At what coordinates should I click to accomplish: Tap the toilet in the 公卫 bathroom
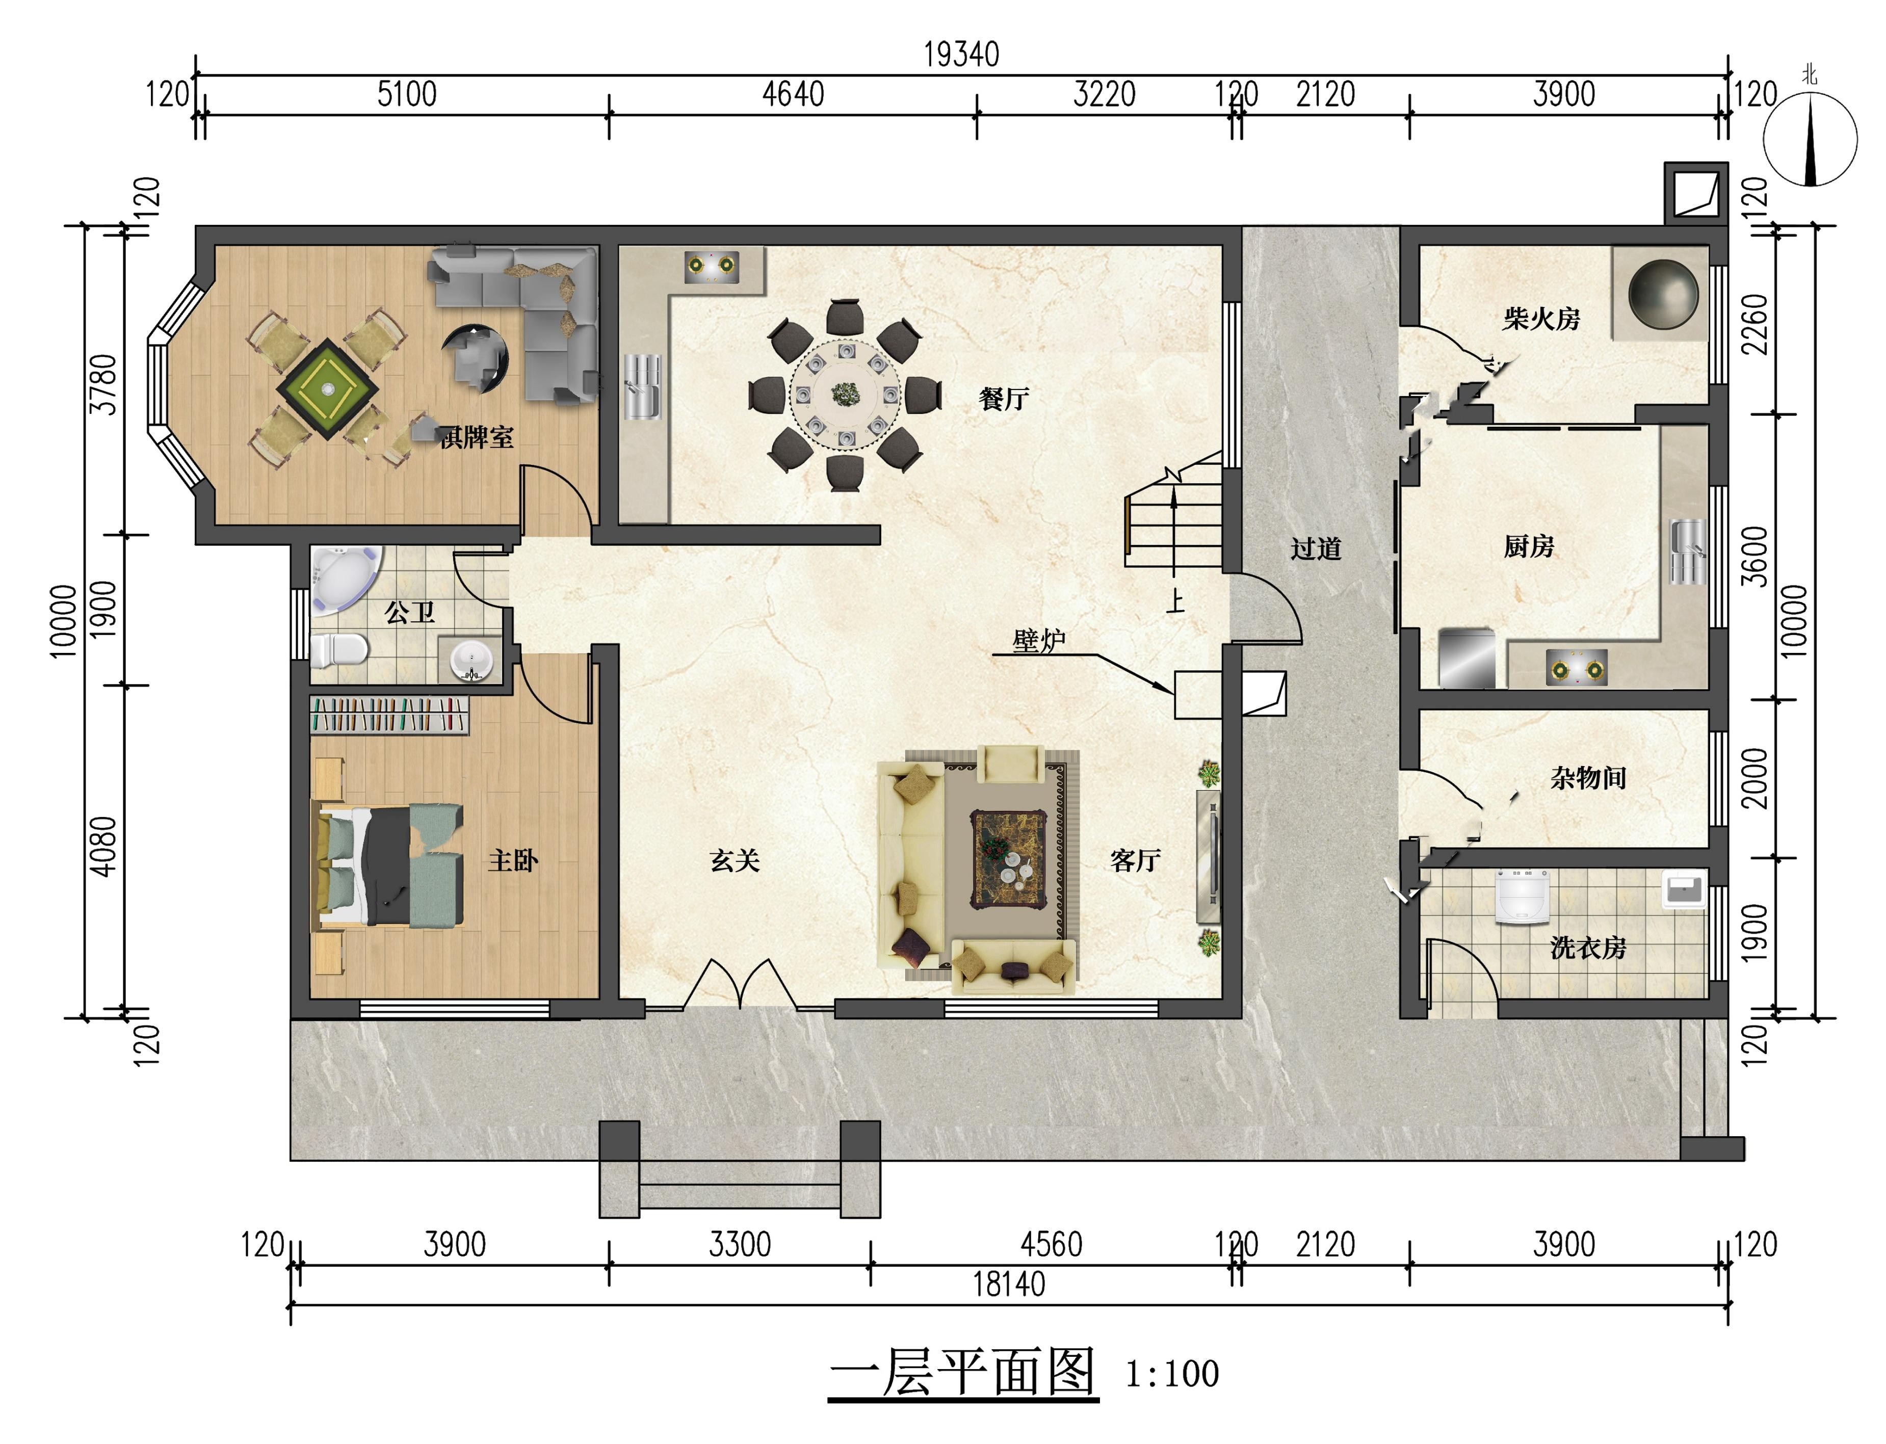338,651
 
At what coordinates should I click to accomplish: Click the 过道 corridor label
1315,548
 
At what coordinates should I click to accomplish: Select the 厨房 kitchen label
1528,546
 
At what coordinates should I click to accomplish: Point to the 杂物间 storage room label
1588,778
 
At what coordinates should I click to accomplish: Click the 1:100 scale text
1172,1374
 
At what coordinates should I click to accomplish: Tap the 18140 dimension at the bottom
1008,1284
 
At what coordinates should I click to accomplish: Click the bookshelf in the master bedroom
389,715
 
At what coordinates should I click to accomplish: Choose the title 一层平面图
963,1372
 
